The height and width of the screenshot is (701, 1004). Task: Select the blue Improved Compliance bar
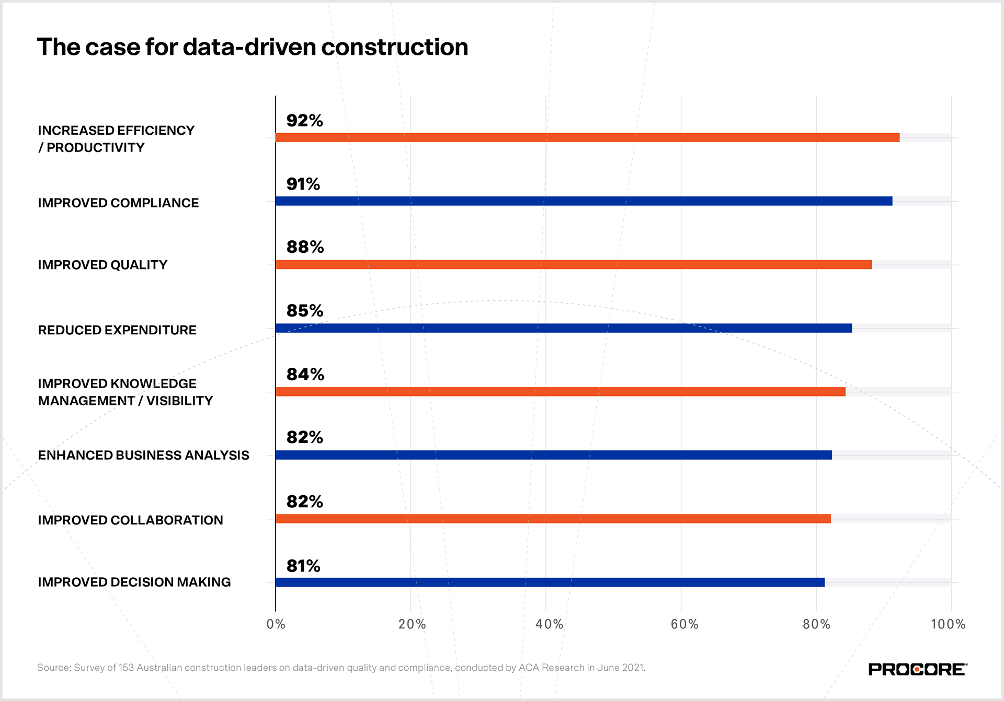click(x=584, y=201)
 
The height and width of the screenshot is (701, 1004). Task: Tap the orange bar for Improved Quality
click(x=573, y=265)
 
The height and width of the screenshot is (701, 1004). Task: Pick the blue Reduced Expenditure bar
click(x=563, y=328)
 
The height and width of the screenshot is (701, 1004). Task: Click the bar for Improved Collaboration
click(x=553, y=519)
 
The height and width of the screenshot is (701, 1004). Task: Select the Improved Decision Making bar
click(x=550, y=582)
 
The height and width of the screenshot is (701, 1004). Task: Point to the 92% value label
click(x=304, y=121)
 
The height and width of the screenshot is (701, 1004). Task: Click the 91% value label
click(x=303, y=184)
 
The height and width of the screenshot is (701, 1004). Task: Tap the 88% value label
click(x=305, y=247)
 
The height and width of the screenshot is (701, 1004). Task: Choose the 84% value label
click(x=305, y=375)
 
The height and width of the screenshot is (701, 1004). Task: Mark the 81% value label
click(x=303, y=566)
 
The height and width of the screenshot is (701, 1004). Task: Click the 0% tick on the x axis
click(x=276, y=624)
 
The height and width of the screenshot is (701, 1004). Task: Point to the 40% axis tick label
click(x=549, y=624)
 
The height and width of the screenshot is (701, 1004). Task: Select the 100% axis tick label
click(x=948, y=624)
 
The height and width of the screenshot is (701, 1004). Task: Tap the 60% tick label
click(x=684, y=624)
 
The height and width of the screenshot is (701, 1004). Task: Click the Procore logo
click(x=917, y=670)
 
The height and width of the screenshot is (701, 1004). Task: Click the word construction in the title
click(x=394, y=47)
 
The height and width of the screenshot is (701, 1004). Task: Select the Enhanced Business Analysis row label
click(x=143, y=455)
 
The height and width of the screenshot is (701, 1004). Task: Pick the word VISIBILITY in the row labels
click(x=179, y=401)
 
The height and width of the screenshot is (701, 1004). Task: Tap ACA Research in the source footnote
click(x=551, y=668)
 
